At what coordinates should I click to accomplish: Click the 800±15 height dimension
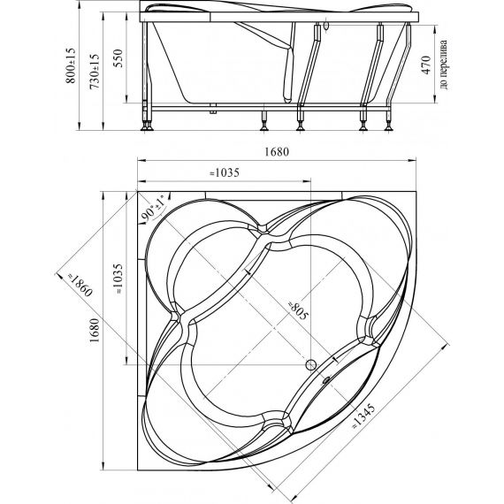click(71, 65)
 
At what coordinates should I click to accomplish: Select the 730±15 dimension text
click(95, 72)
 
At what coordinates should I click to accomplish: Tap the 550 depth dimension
click(118, 57)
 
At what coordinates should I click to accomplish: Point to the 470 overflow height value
click(426, 65)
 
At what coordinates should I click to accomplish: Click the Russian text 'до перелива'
click(443, 65)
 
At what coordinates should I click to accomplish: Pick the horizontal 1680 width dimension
click(277, 151)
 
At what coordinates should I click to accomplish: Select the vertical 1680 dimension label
click(95, 331)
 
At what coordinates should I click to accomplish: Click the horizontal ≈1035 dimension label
click(225, 173)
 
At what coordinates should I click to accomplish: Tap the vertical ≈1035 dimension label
click(118, 279)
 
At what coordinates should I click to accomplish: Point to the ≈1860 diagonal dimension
click(80, 285)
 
